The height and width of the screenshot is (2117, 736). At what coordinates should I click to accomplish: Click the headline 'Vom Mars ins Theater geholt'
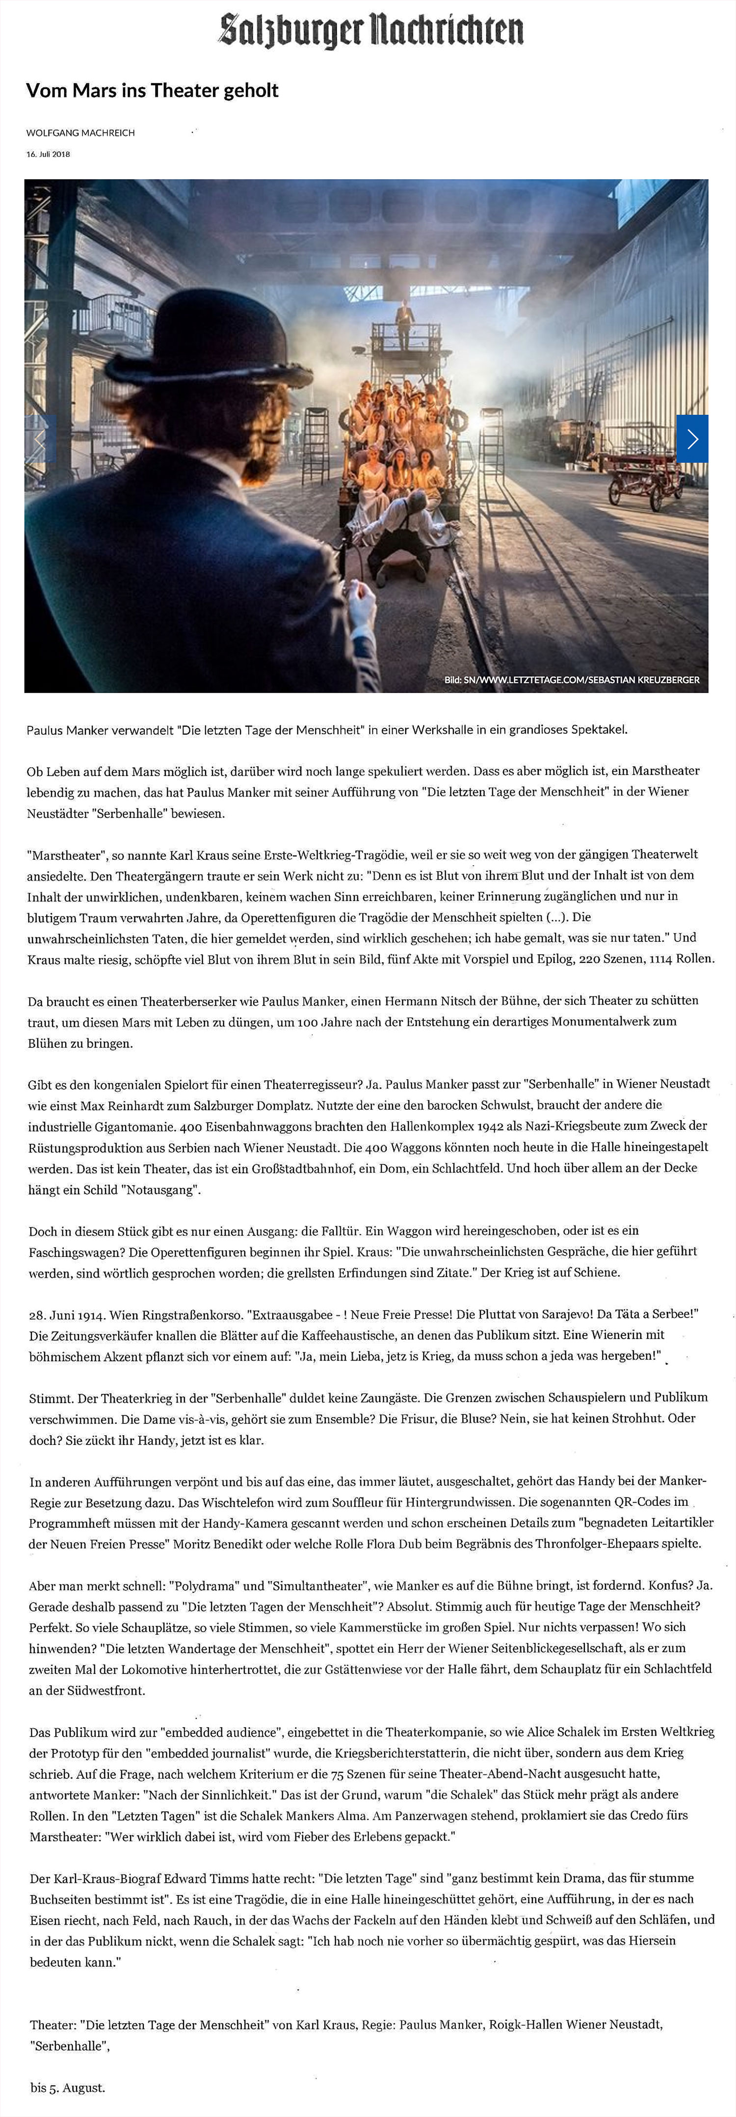(x=152, y=90)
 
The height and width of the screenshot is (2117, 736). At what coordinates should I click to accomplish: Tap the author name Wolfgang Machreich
(x=80, y=133)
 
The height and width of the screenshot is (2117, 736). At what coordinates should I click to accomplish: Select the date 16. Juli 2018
(x=49, y=154)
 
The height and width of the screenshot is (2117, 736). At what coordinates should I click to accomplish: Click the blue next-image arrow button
(x=692, y=439)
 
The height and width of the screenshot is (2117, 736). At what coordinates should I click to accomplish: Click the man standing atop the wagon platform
(x=404, y=321)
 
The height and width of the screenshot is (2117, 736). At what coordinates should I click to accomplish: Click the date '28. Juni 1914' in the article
(x=66, y=1314)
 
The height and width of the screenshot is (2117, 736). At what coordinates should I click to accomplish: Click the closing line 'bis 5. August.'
(x=67, y=2088)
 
